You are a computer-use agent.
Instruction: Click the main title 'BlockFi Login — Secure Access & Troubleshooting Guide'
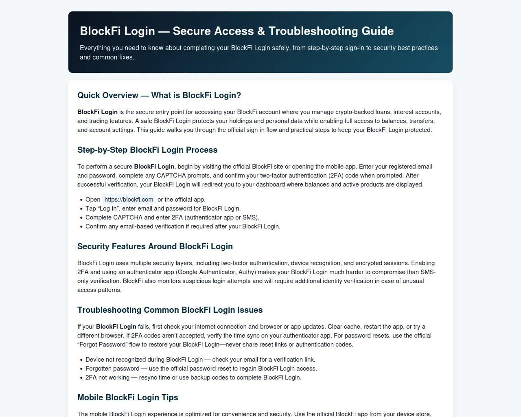[236, 31]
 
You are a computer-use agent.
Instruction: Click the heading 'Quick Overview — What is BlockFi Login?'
[159, 95]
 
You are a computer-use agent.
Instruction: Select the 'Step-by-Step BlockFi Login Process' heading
[147, 150]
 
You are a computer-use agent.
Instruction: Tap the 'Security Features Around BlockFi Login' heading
[155, 246]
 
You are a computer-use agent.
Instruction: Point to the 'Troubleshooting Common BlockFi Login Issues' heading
[170, 310]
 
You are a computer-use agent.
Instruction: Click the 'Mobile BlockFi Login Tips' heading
[128, 397]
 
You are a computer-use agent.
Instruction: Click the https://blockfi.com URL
[129, 200]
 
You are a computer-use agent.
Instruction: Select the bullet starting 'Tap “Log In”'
[163, 208]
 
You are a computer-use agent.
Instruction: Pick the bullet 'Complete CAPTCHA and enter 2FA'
[172, 217]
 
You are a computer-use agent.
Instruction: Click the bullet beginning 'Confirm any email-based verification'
[183, 226]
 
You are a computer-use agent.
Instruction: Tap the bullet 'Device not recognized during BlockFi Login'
[200, 360]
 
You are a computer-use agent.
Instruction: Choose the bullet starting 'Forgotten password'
[201, 369]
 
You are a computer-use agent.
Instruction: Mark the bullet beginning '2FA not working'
[193, 377]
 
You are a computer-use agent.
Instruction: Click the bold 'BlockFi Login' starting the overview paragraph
[97, 112]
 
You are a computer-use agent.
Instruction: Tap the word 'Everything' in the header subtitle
[95, 48]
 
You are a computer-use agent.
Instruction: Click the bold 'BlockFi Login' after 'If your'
[116, 327]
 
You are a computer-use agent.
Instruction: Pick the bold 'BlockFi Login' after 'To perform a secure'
[154, 167]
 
